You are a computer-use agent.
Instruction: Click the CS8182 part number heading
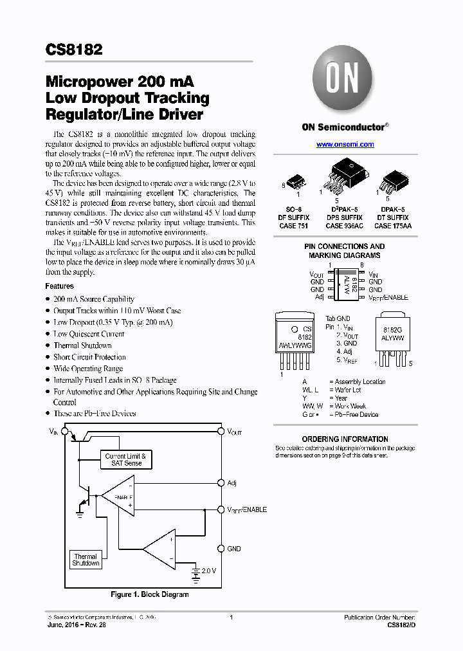(74, 50)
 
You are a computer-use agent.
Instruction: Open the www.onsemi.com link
(345, 145)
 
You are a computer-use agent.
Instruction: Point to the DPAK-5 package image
(392, 180)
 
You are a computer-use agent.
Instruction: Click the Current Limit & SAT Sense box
(125, 459)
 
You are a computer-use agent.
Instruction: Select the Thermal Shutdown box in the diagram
(86, 560)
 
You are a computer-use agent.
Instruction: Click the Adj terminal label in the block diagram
(232, 482)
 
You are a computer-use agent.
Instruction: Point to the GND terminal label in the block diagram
(234, 549)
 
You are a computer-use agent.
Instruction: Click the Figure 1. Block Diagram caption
(150, 594)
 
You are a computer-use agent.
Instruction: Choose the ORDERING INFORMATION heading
(345, 439)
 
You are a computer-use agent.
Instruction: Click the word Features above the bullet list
(59, 286)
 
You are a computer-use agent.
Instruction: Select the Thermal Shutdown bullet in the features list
(82, 345)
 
